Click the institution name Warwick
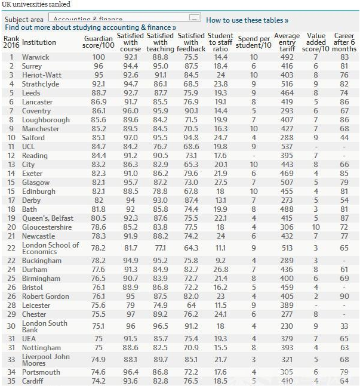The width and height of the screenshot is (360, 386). [x=35, y=57]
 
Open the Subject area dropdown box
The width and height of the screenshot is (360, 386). [x=124, y=18]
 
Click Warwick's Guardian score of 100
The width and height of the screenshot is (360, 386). [x=97, y=57]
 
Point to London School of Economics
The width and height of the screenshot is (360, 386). [x=50, y=248]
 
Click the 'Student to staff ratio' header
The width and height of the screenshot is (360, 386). [x=220, y=42]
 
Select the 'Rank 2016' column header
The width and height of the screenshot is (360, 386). [x=11, y=42]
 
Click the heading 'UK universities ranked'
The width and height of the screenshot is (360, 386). [x=36, y=4]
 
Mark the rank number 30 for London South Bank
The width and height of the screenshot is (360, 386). [x=11, y=326]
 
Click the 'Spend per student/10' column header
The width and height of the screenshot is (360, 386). [x=253, y=42]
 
